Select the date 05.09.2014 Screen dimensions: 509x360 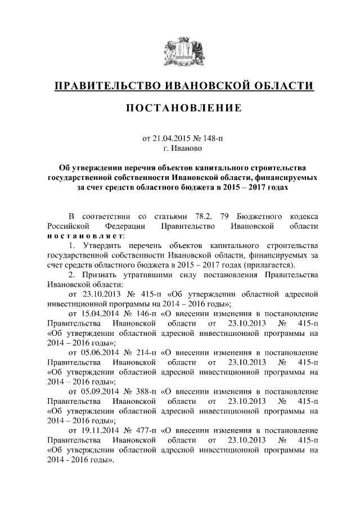tap(100, 391)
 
